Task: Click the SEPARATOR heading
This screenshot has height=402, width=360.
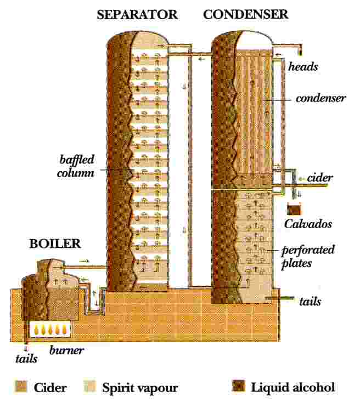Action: point(137,15)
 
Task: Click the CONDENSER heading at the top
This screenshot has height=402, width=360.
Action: point(245,15)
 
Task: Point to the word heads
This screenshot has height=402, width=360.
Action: point(303,67)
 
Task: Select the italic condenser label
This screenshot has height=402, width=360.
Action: point(320,99)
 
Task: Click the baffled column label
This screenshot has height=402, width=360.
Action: point(77,166)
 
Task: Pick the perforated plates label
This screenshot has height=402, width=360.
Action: point(308,256)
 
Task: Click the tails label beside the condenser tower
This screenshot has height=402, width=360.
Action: point(310,302)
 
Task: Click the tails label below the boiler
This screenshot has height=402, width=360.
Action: point(26,359)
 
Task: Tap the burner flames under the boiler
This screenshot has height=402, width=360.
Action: point(52,330)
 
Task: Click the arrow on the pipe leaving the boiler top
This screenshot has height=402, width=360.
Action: point(83,262)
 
